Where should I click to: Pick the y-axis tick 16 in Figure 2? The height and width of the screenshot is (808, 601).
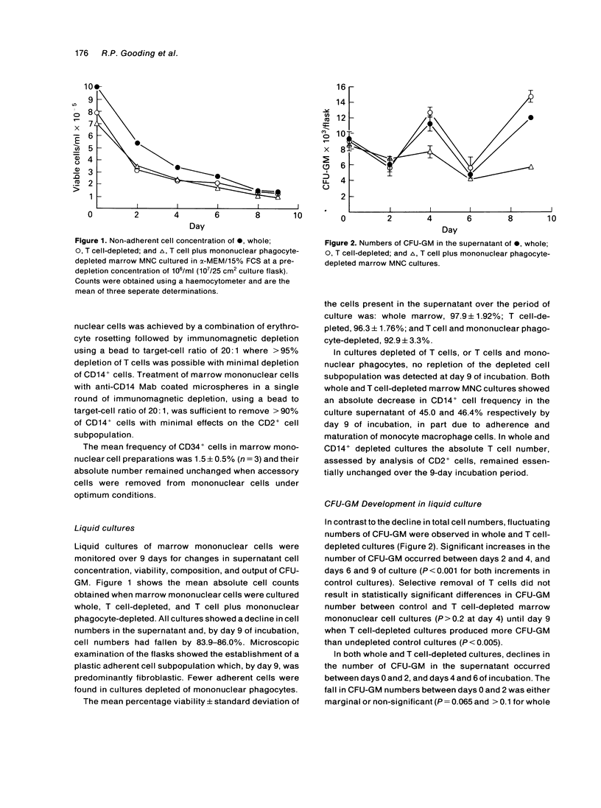pyautogui.click(x=340, y=87)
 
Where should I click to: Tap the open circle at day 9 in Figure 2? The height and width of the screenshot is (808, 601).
pyautogui.click(x=530, y=96)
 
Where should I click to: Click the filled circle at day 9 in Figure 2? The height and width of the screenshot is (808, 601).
pyautogui.click(x=530, y=118)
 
